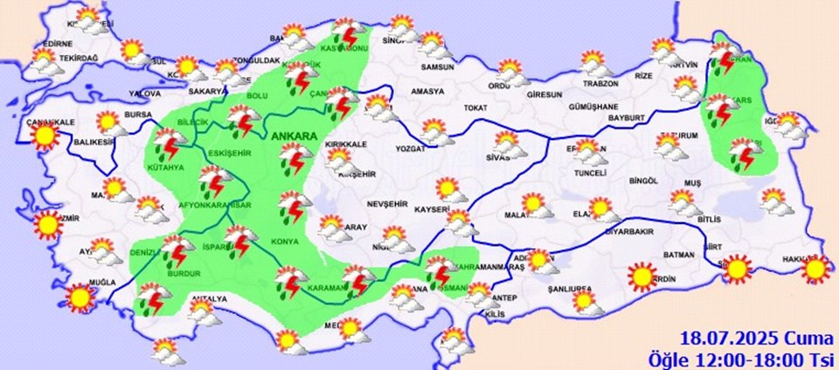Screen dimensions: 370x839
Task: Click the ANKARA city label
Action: click(x=295, y=137)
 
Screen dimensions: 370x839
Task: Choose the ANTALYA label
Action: click(x=210, y=299)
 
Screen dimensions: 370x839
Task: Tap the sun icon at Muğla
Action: click(x=81, y=298)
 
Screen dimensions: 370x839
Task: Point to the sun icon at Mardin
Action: click(x=642, y=277)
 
